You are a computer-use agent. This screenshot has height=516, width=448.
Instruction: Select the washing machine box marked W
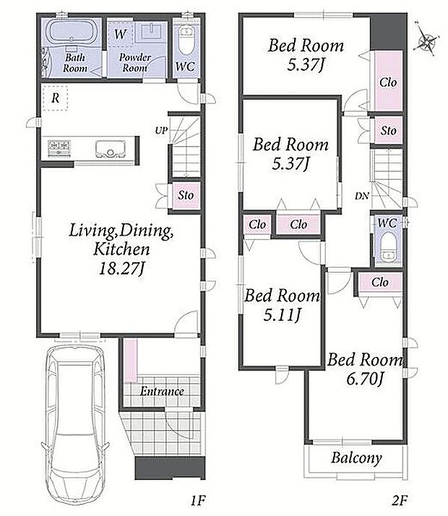tap(121, 34)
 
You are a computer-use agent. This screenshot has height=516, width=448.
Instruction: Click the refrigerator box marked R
tap(55, 98)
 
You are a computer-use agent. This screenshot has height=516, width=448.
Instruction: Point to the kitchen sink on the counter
tap(111, 149)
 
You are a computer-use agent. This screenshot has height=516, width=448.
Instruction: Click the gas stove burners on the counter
tap(59, 147)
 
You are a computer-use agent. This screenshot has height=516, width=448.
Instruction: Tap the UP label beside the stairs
tap(161, 131)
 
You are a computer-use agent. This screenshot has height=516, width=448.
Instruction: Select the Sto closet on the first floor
tap(186, 195)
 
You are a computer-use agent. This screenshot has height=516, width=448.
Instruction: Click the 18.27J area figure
tap(121, 268)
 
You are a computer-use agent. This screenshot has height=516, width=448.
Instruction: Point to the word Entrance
tap(162, 391)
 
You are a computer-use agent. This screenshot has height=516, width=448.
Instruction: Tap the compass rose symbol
tap(426, 41)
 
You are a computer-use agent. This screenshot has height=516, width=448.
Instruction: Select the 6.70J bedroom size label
tap(365, 379)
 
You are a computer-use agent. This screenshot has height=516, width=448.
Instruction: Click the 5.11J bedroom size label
tap(283, 315)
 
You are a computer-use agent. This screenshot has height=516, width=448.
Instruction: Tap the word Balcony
tap(356, 457)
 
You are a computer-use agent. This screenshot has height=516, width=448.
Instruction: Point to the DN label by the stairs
tap(362, 197)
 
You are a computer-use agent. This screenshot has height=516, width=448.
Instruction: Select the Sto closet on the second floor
tap(389, 131)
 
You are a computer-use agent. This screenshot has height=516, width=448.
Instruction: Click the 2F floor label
tap(400, 501)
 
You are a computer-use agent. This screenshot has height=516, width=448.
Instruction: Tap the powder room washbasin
tap(151, 31)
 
